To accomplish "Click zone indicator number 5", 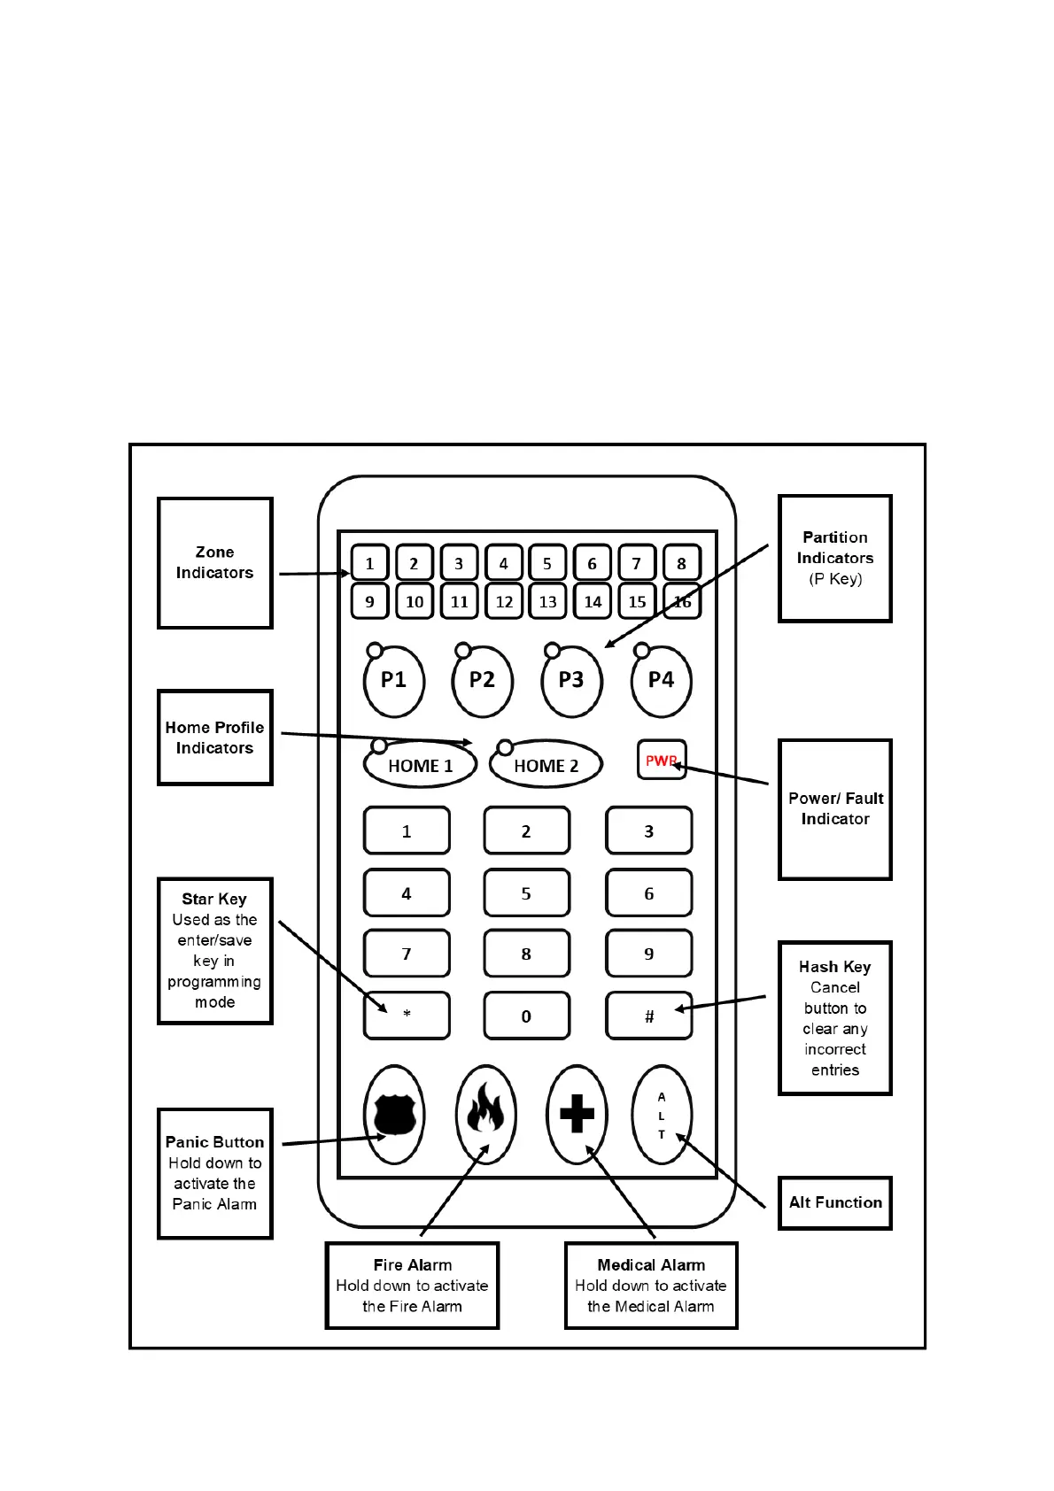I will (x=547, y=563).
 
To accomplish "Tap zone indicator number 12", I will (x=504, y=601).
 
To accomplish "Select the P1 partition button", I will (x=394, y=681).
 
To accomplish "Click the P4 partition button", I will (x=661, y=681).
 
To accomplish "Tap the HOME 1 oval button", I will (x=420, y=766).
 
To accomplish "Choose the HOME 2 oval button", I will (x=546, y=766).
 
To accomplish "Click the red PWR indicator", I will (x=661, y=761).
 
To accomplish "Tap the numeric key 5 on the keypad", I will (x=526, y=893).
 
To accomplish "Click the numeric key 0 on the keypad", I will (x=526, y=1016).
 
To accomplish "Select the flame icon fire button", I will (x=484, y=1114).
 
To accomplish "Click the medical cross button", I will (x=577, y=1114).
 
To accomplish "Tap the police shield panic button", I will (x=395, y=1114).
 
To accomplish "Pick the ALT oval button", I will (x=662, y=1114).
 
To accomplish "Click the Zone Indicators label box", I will (x=214, y=562).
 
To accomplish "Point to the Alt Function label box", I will (x=834, y=1202).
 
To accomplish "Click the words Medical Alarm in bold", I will (x=651, y=1265).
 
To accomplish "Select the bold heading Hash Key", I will (x=834, y=967).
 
